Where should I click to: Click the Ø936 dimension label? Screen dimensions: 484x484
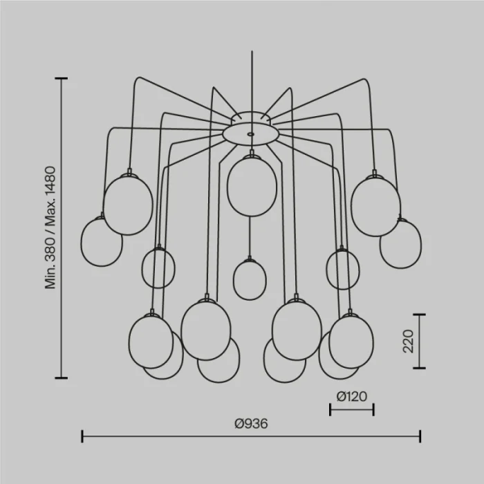point(251,423)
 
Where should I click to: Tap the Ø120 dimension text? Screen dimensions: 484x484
point(351,396)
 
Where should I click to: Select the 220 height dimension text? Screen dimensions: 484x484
point(408,341)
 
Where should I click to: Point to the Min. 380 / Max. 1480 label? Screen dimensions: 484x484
point(50,227)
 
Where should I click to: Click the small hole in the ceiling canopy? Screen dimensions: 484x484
point(250,134)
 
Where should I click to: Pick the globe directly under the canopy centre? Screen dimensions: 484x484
point(252,185)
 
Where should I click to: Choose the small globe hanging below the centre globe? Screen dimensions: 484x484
point(250,279)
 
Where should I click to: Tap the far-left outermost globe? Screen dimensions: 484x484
point(102,242)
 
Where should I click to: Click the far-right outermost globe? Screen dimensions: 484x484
point(400,244)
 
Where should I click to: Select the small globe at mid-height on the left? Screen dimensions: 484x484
point(158,268)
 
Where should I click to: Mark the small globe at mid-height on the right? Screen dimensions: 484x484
point(343,269)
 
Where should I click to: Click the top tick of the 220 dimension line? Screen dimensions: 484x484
point(419,315)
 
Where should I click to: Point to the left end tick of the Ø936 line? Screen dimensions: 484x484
point(82,436)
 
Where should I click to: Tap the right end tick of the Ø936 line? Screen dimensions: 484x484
point(420,436)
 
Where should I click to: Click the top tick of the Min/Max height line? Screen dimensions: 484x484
point(61,79)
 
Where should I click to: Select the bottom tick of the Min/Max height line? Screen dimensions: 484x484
point(61,378)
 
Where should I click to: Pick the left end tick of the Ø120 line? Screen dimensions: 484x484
point(331,409)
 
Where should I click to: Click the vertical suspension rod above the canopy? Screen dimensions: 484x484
point(252,81)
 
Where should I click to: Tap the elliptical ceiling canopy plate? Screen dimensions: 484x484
point(250,134)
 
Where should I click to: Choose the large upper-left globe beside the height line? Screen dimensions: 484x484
point(128,205)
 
